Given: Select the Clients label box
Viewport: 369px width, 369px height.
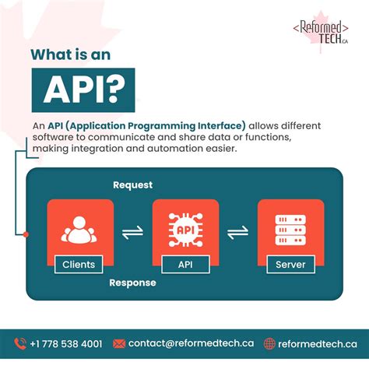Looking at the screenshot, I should point(79,265).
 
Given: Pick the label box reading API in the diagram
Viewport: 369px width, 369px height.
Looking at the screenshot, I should point(185,265).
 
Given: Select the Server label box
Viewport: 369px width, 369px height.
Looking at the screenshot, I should point(290,265).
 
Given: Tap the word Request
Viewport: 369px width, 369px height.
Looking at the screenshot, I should point(133,185).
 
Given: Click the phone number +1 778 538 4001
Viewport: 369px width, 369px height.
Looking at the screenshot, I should point(66,343).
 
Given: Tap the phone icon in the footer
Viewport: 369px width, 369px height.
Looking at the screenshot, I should point(20,343).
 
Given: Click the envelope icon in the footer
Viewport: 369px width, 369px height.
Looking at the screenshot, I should point(119,343).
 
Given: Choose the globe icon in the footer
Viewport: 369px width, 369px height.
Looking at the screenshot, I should point(270,343).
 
